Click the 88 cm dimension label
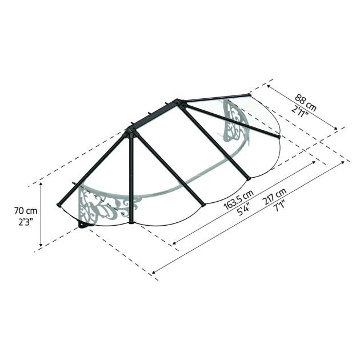[306, 102]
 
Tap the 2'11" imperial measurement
[299, 110]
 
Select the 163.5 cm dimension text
[239, 200]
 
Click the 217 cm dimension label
[275, 197]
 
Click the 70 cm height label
[26, 210]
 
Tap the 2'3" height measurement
[26, 222]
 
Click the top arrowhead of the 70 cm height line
[41, 184]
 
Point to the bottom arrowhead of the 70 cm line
[41, 245]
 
